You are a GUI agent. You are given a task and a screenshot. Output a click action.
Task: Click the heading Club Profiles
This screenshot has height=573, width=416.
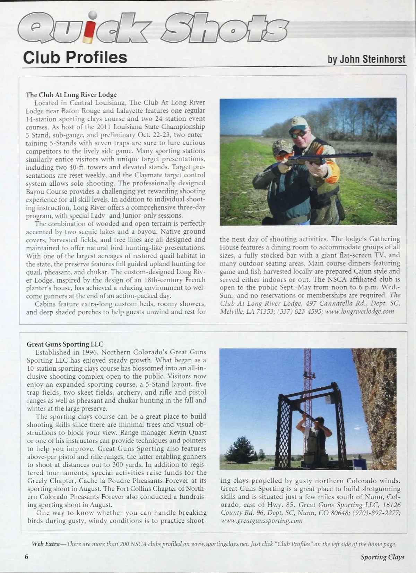click(75, 57)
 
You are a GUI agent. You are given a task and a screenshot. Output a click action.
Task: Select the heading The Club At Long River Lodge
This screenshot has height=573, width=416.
click(71, 94)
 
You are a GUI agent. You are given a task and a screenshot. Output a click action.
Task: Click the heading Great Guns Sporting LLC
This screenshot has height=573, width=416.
click(65, 344)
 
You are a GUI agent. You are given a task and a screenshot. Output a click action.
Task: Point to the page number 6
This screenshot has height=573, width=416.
click(26, 556)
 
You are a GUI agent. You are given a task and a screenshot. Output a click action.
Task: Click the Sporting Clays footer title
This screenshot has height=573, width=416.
click(382, 557)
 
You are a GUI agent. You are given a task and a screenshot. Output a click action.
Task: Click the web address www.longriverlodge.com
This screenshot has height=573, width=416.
click(359, 311)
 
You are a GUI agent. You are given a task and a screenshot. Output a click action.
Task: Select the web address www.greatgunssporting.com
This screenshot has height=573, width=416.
click(262, 521)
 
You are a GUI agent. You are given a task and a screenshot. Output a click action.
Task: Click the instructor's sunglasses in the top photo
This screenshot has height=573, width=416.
click(298, 133)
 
